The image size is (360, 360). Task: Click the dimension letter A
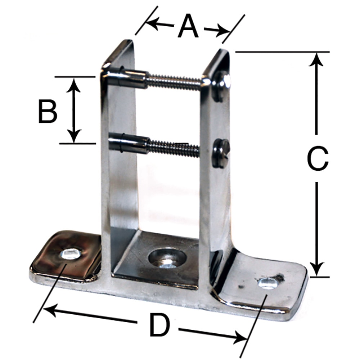188,27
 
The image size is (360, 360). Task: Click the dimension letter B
48,111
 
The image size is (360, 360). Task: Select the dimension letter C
318,158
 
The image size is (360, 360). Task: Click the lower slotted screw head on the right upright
220,153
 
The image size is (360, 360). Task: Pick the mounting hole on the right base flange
268,283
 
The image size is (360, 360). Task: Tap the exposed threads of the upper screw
175,82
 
